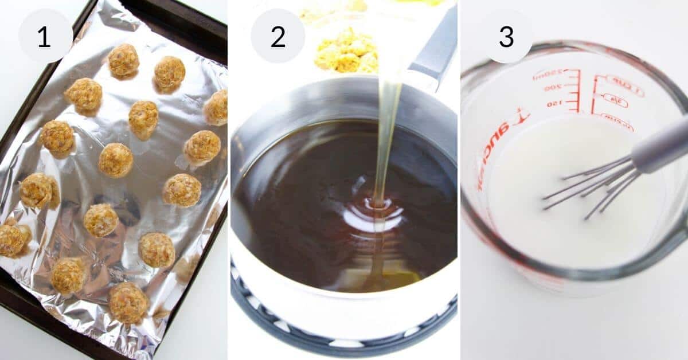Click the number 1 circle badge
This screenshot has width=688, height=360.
pos(45,36)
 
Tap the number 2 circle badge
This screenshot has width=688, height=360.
pos(278,36)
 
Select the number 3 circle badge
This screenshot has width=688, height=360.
pos(506,36)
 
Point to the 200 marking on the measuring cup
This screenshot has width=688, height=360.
pos(553,88)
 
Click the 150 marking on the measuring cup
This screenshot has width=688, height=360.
pos(554,104)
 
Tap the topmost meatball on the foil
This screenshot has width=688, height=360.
pos(123,60)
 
